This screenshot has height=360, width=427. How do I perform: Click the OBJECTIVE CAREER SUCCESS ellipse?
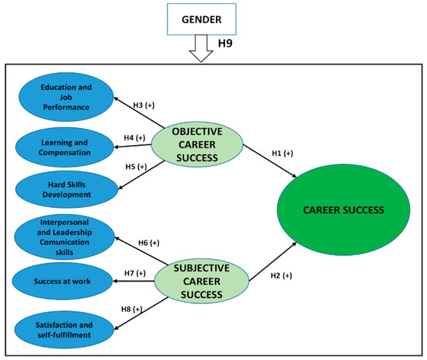(196, 146)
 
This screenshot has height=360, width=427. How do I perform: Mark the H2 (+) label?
(282, 276)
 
